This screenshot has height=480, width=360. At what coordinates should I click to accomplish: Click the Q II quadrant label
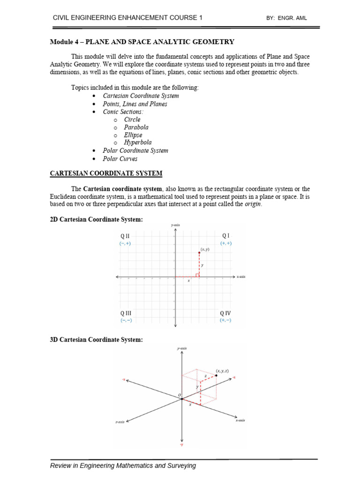point(125,236)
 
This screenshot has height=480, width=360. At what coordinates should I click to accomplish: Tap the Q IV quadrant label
point(225,313)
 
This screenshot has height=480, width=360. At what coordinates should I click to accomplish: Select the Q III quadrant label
point(126,313)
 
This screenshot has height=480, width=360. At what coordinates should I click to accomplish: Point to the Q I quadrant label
point(225,236)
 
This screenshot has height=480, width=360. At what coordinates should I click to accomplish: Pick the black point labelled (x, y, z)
point(216,375)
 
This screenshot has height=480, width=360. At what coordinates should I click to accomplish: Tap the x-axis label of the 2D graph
point(241,277)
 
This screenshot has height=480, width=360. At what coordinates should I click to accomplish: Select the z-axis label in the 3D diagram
point(120,422)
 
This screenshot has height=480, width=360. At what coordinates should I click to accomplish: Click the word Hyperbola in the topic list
point(138,142)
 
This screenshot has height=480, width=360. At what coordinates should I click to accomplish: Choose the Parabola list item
point(136,127)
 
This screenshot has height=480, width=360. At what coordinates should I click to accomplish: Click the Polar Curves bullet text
point(120,158)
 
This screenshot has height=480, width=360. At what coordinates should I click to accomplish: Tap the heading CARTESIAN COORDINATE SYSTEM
point(106,173)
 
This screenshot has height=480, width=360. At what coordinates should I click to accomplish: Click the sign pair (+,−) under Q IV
point(225,320)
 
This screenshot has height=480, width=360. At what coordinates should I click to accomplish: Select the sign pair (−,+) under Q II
point(125,244)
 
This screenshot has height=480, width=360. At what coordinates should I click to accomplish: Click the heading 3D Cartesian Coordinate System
point(96,339)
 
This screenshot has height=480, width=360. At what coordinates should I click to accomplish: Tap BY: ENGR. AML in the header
point(286,18)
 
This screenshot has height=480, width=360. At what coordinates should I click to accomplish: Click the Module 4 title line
point(142,42)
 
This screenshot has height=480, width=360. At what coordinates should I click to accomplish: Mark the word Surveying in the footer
point(180,465)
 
